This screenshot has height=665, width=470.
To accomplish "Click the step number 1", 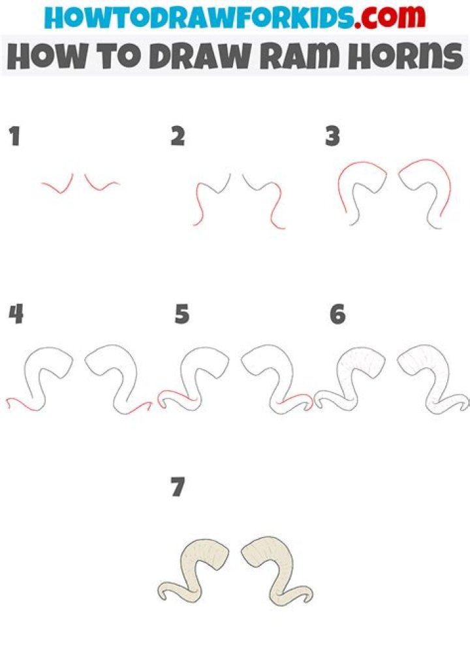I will coord(14,138).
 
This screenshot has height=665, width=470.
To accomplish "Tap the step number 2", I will coord(177,137).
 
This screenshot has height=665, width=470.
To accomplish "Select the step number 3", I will coord(333,137).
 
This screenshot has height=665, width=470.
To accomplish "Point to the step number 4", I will coord(16,315).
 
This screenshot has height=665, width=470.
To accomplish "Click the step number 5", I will coord(181,316).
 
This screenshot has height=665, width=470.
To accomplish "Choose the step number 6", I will coord(337,316).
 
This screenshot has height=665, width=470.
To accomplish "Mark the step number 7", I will coord(178,487).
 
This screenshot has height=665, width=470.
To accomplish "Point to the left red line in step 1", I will coord(57,186).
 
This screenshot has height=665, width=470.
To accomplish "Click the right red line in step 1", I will coord(101,185).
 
